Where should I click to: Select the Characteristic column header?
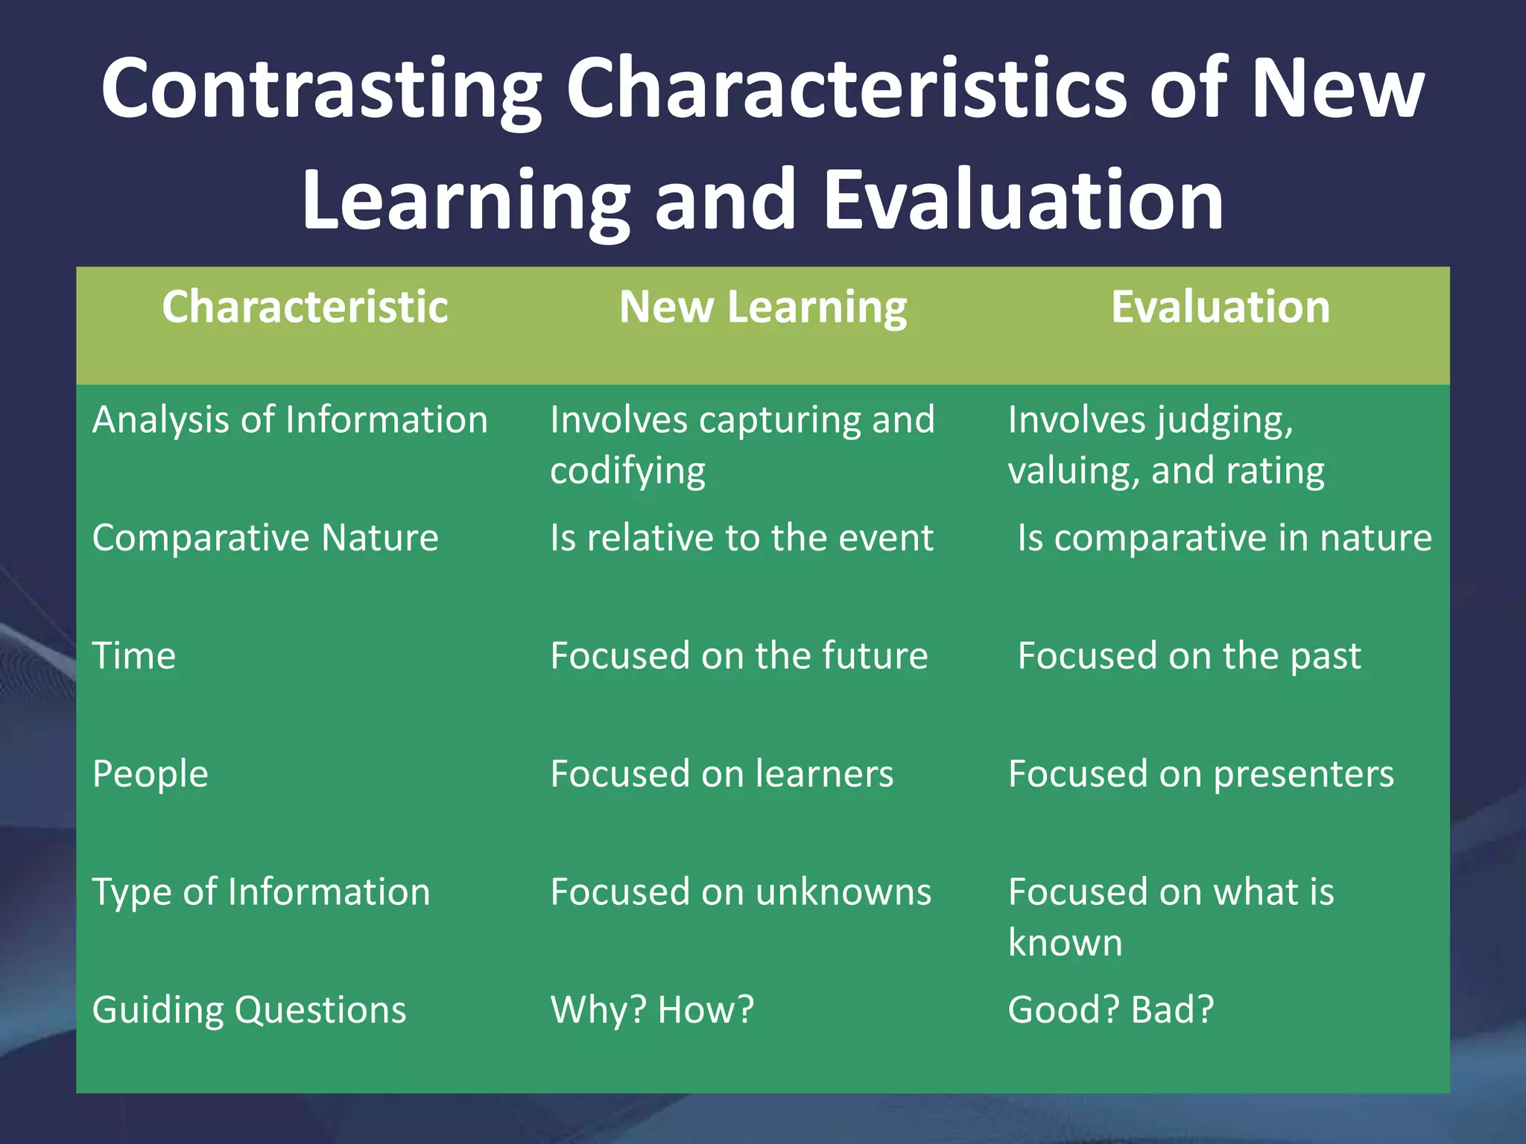click(305, 307)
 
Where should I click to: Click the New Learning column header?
click(763, 307)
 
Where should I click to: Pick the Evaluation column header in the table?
click(1221, 307)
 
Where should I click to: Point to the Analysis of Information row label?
click(290, 420)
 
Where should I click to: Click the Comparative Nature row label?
click(265, 538)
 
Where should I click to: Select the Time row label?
click(134, 656)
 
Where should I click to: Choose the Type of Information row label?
click(261, 892)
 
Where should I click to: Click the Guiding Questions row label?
click(249, 1011)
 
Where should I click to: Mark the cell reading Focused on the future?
click(738, 656)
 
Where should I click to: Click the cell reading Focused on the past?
click(1189, 656)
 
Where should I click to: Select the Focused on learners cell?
click(721, 774)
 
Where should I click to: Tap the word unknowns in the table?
click(837, 892)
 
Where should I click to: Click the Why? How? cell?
click(652, 1011)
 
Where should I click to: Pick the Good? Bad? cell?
click(1110, 1011)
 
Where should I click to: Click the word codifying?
click(627, 471)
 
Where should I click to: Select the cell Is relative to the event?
click(741, 538)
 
